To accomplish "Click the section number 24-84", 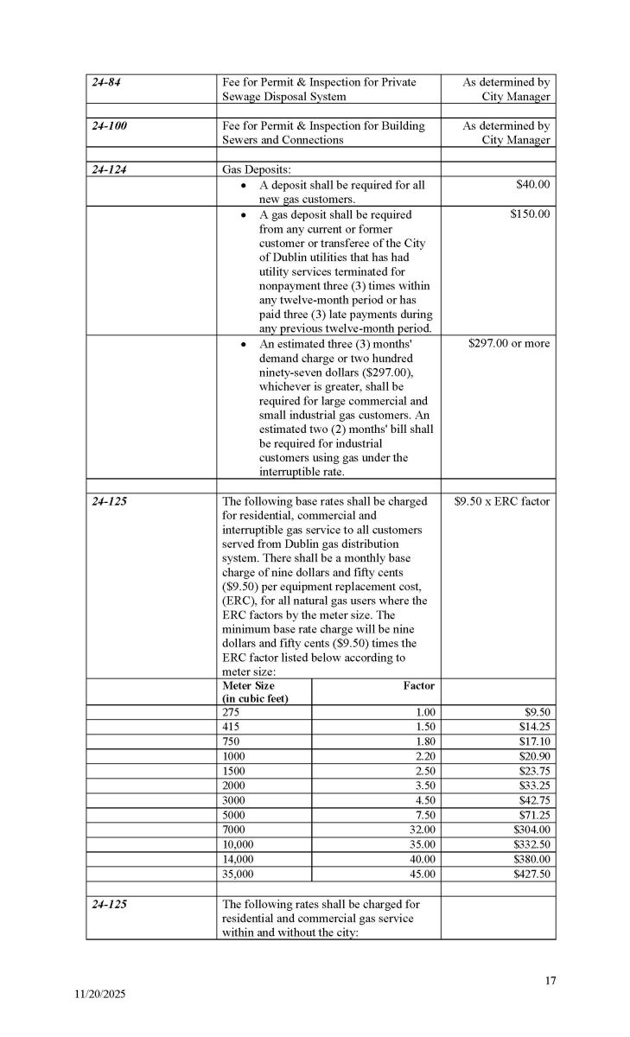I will click(x=107, y=82).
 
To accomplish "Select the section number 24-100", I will click(x=110, y=125).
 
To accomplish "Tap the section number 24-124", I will click(x=110, y=169).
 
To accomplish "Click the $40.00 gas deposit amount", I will click(x=532, y=184).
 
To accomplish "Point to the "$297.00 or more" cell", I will click(x=506, y=343).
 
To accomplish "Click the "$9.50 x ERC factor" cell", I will click(x=501, y=500).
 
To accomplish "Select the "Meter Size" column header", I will click(x=249, y=685).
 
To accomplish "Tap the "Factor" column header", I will click(x=418, y=685).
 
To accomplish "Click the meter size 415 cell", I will click(x=232, y=728).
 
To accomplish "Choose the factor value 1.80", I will click(x=420, y=741).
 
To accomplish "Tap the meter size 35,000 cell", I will click(x=239, y=874).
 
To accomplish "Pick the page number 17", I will click(x=550, y=980).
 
